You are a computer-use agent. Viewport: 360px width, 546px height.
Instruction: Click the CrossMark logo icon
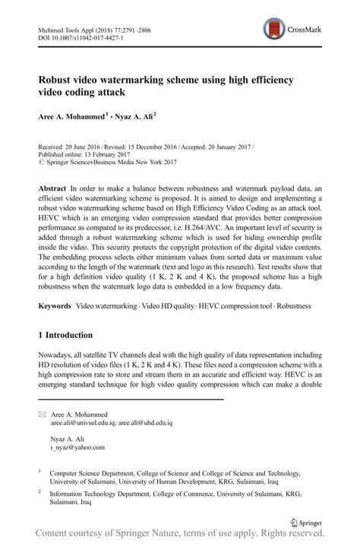click(272, 30)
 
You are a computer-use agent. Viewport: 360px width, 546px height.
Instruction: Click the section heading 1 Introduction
click(65, 335)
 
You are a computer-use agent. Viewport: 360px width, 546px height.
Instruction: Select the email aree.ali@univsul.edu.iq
click(81, 424)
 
